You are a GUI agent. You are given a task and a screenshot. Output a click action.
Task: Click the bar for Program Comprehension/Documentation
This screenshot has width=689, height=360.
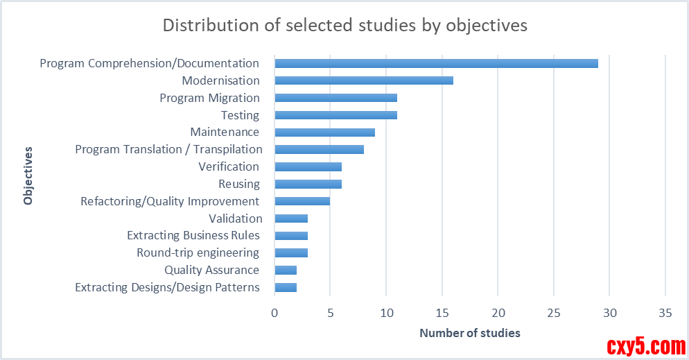[436, 64]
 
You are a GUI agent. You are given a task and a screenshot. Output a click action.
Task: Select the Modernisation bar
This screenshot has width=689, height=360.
[364, 80]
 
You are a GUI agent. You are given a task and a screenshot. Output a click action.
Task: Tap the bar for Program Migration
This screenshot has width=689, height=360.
[335, 98]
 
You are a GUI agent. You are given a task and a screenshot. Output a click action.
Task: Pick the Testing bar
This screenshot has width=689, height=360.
[335, 115]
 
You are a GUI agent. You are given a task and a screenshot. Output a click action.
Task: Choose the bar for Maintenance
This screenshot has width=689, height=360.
[324, 132]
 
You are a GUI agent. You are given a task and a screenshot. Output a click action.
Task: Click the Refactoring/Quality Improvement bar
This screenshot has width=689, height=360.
[302, 201]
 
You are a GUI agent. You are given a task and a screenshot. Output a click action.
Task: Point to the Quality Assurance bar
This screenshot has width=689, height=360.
[286, 271]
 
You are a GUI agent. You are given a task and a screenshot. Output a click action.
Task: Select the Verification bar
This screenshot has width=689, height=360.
[308, 166]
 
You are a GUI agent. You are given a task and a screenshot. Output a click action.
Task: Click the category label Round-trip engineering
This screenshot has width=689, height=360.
[198, 252]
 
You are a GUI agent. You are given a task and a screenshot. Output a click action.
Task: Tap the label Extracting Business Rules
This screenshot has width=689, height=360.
[193, 235]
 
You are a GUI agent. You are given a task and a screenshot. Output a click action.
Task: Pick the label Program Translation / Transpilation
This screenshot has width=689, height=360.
[168, 149]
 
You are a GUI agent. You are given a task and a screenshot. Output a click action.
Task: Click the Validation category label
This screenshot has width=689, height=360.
[235, 218]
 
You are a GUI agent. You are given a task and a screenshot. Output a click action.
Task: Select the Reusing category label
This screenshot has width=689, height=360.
[239, 184]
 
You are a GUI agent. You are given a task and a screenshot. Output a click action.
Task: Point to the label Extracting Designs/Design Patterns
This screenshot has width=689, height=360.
[167, 287]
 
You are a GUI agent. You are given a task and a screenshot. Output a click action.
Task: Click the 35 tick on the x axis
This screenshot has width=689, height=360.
[665, 313]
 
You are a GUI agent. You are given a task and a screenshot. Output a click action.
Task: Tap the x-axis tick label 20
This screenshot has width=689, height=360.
[498, 313]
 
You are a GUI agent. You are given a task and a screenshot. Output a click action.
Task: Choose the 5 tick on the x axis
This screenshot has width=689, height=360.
[331, 313]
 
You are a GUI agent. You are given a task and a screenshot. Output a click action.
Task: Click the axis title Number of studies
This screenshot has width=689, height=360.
[469, 334]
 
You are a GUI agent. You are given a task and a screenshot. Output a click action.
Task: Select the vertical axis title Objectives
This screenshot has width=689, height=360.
[28, 175]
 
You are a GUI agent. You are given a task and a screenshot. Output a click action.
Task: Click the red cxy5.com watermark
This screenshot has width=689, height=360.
[646, 345]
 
